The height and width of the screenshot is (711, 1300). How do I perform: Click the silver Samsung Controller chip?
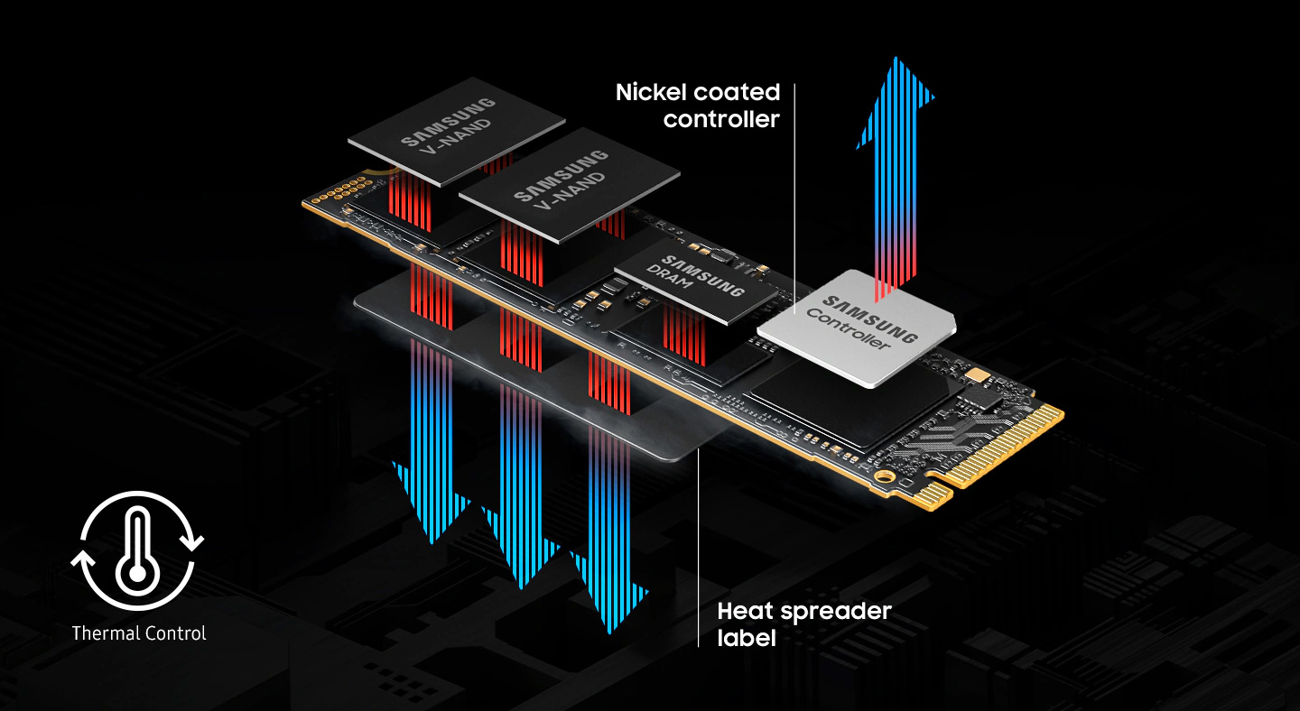point(857,328)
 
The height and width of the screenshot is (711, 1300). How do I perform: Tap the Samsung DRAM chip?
point(695,281)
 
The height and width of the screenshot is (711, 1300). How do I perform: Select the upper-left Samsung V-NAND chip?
point(456,131)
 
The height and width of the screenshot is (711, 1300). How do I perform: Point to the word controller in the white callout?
point(721,119)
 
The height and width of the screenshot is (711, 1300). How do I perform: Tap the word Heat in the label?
point(744,611)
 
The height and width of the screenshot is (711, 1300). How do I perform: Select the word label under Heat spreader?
point(747,638)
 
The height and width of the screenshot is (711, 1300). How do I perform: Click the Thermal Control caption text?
point(139,633)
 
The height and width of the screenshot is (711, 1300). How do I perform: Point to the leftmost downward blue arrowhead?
point(431,503)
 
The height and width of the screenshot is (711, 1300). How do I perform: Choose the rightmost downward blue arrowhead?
point(609,592)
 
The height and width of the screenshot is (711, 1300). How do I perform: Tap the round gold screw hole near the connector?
point(885,476)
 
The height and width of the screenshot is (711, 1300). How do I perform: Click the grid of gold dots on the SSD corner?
point(342,190)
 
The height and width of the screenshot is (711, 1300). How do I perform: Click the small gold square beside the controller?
point(978,374)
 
